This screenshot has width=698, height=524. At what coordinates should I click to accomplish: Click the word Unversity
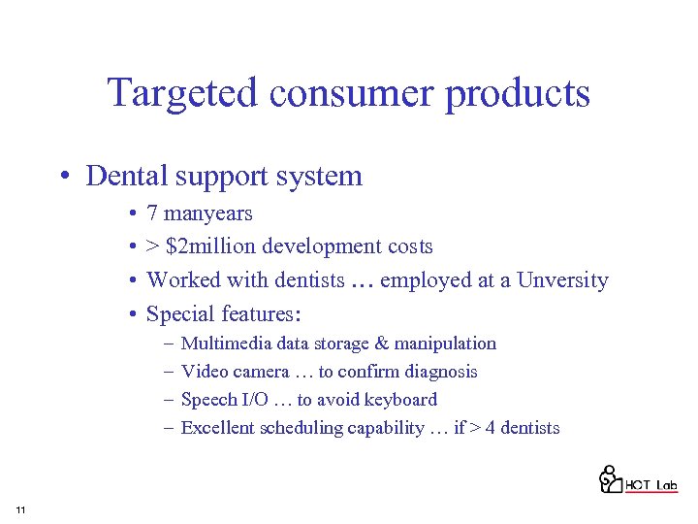[562, 280]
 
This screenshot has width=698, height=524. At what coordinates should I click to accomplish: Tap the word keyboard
[400, 400]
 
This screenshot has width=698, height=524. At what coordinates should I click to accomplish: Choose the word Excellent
[219, 428]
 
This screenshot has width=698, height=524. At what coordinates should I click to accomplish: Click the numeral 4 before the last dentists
[491, 428]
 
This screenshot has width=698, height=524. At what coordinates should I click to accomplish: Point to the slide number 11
[20, 510]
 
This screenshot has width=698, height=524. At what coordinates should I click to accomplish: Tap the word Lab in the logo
[666, 485]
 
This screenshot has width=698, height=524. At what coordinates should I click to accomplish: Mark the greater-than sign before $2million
[153, 247]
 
